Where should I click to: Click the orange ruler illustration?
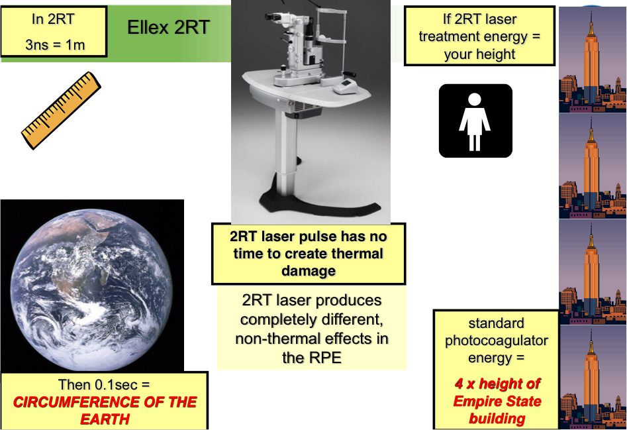pos(61,111)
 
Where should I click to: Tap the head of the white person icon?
pos(475,99)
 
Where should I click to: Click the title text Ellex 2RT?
pos(168,28)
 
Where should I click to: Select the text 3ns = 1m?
pos(55,45)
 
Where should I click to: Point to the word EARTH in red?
pos(105,419)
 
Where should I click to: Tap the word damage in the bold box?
pos(309,271)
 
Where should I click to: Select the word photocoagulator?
pos(497,341)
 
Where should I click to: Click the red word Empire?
pos(476,402)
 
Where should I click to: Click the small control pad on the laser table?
pos(345,86)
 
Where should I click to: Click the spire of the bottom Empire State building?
pos(591,341)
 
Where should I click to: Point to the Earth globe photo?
pos(92,286)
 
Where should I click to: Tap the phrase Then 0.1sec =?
pos(104,385)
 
